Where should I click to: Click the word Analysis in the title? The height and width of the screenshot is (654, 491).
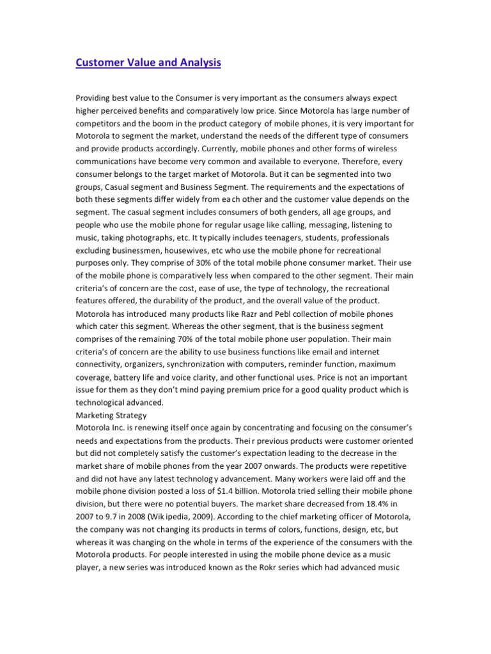click(x=192, y=63)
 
